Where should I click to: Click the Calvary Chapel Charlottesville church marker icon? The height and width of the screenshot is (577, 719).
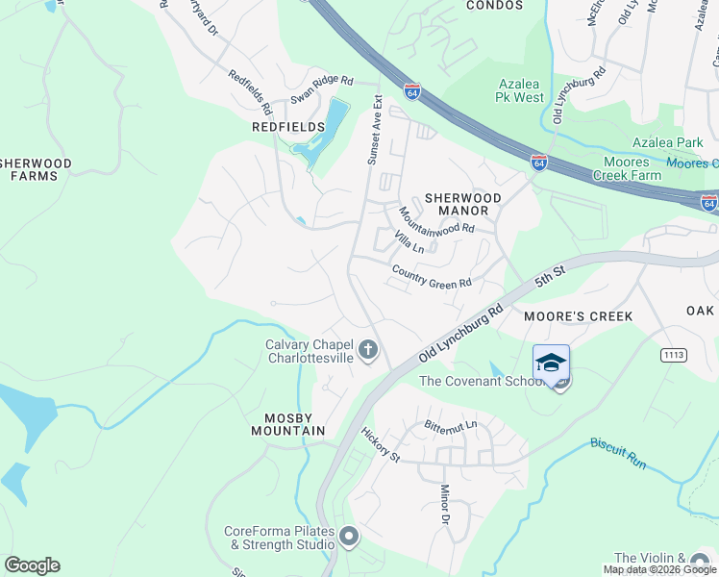click(x=368, y=352)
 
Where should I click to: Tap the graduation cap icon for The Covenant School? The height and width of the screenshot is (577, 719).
click(x=551, y=363)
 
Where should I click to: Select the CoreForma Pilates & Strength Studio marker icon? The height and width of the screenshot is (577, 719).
click(x=348, y=537)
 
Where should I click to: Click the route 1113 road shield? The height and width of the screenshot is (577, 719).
click(x=674, y=356)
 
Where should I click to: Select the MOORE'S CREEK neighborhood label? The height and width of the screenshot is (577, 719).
click(x=578, y=316)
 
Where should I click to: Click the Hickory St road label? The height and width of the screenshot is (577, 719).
click(x=382, y=444)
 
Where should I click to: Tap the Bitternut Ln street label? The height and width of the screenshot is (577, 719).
click(x=451, y=425)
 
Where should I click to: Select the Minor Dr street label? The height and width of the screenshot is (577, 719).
click(x=445, y=505)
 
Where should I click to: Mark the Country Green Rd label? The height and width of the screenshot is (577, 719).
click(x=432, y=276)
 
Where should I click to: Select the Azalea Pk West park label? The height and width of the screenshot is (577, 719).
click(x=520, y=90)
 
